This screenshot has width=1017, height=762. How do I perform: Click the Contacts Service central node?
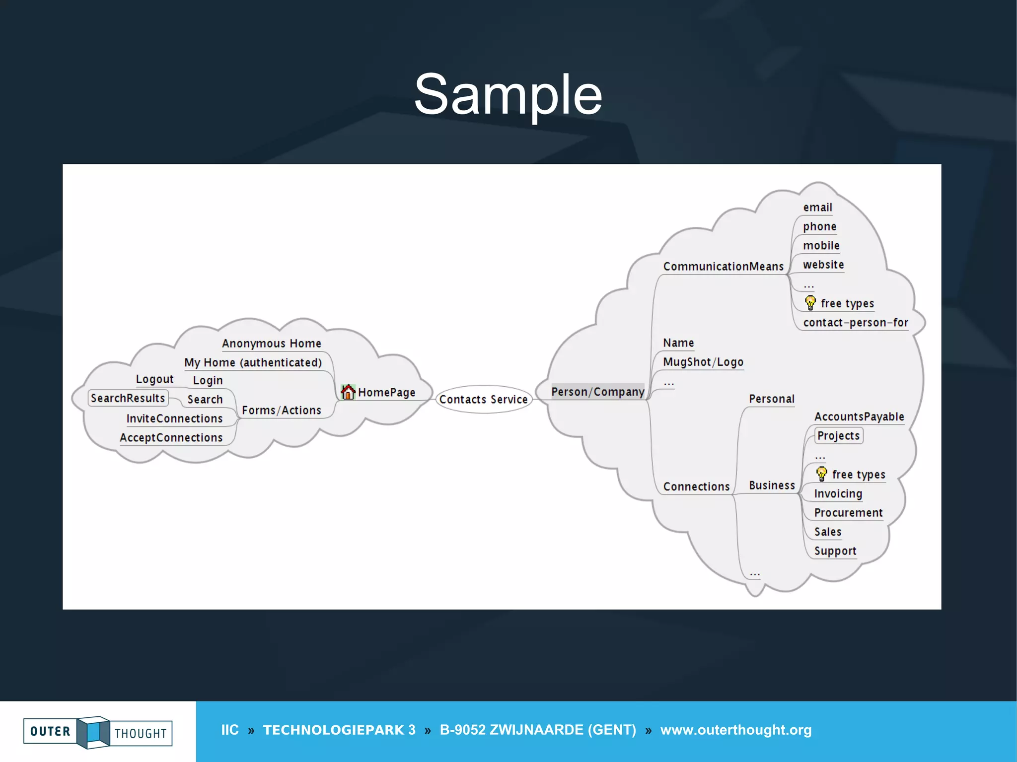(483, 399)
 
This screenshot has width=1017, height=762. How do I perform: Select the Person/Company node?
(597, 392)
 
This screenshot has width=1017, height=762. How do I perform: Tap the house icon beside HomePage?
(348, 392)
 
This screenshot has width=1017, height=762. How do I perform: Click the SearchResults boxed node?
(128, 398)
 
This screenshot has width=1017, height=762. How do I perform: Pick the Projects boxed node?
(838, 436)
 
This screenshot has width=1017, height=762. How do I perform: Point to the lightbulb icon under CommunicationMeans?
(810, 302)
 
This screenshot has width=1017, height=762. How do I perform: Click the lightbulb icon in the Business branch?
(822, 474)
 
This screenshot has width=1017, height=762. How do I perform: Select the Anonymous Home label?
(271, 344)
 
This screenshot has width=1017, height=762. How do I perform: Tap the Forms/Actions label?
(281, 411)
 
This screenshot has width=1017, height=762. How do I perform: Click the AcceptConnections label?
(171, 438)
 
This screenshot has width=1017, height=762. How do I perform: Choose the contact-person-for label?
(855, 323)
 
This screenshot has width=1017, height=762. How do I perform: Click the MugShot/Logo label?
(703, 362)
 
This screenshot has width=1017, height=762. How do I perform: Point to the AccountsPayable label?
(859, 417)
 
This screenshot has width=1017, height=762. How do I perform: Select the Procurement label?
(848, 513)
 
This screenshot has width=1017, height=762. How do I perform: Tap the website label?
(823, 265)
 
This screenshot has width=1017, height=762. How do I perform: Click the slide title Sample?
(508, 94)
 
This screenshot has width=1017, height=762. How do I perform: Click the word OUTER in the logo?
(50, 731)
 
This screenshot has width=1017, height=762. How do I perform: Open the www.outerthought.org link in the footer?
(735, 730)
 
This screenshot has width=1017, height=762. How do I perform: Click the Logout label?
(154, 379)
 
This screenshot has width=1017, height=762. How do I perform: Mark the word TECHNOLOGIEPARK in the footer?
(334, 730)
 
